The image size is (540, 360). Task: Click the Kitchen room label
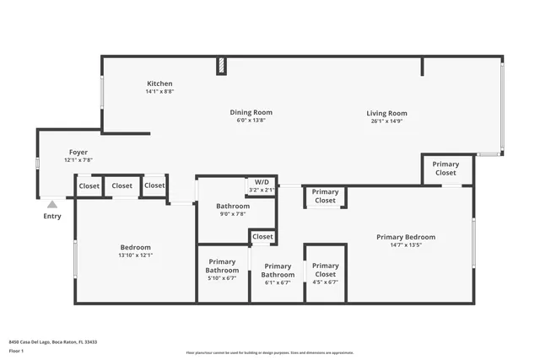tap(159, 83)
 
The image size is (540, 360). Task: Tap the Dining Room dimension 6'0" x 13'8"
tap(251, 121)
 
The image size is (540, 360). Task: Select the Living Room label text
tap(386, 113)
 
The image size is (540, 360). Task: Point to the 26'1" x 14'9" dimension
tap(386, 121)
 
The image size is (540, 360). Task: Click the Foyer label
tap(78, 153)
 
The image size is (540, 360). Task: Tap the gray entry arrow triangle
tap(52, 204)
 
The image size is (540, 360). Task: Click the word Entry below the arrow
tap(52, 216)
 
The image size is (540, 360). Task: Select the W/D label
tap(262, 182)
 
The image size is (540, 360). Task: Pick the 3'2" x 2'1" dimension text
tap(262, 190)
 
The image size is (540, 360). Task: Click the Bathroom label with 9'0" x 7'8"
tap(233, 206)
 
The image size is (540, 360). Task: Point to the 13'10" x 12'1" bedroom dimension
tap(136, 255)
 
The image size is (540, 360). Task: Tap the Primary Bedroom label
tap(406, 237)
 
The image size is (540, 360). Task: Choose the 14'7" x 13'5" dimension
tap(406, 245)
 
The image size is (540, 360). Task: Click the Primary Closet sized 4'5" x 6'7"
tap(325, 270)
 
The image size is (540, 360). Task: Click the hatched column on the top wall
tap(222, 66)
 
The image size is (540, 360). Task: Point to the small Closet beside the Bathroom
tap(263, 237)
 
